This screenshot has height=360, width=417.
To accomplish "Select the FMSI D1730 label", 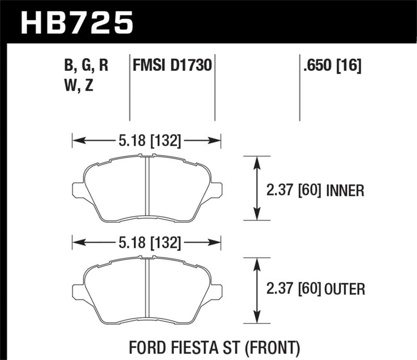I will pyautogui.click(x=172, y=66).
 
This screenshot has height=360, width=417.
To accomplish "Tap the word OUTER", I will pyautogui.click(x=344, y=288).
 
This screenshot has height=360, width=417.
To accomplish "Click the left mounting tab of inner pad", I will pyautogui.click(x=78, y=190).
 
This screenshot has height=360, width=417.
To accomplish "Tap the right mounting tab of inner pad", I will pyautogui.click(x=216, y=190).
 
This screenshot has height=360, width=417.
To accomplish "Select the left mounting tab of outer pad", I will pyautogui.click(x=78, y=291).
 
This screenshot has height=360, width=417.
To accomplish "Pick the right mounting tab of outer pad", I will pyautogui.click(x=216, y=291).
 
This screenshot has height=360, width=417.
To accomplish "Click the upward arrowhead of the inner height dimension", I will pyautogui.click(x=256, y=162).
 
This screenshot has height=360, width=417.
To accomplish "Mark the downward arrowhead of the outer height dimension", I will pyautogui.click(x=256, y=318).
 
